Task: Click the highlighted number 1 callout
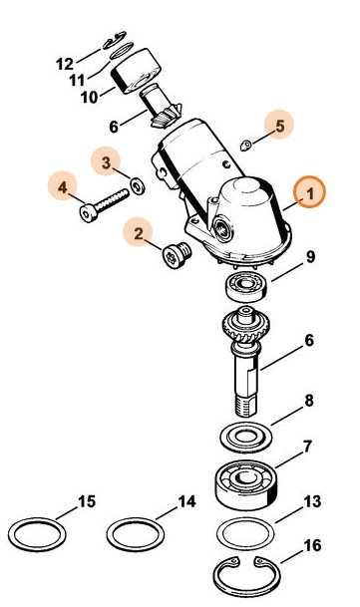click(x=309, y=193)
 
